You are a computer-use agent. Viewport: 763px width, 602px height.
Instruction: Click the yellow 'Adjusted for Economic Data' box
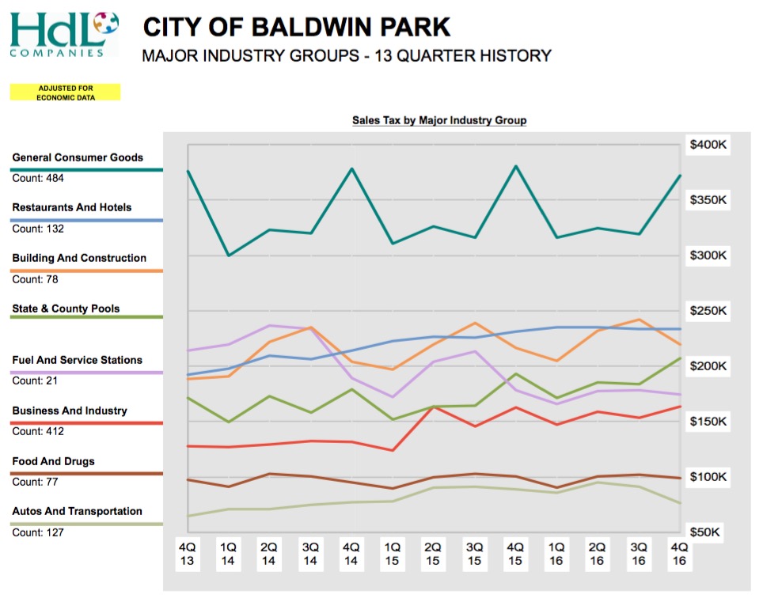tap(65, 93)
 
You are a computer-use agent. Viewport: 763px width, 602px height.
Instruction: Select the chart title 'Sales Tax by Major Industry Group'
tap(439, 120)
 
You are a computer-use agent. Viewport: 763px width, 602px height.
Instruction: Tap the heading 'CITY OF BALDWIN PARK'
tap(297, 28)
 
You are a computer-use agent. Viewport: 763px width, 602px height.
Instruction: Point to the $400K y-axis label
tap(708, 145)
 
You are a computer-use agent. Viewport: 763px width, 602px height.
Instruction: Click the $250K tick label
tap(708, 311)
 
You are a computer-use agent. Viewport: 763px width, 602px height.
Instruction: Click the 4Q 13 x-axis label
tap(187, 554)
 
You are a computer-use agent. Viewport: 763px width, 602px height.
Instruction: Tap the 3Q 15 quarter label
tap(474, 554)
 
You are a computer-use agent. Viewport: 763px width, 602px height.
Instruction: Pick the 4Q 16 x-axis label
tap(679, 554)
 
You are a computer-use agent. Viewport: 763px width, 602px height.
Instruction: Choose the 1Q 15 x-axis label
tap(392, 554)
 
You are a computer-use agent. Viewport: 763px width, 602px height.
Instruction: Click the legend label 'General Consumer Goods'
tap(78, 157)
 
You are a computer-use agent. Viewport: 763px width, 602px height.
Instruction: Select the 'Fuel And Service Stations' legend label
tap(78, 360)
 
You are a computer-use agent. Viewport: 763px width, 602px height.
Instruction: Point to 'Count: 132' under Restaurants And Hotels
tap(38, 229)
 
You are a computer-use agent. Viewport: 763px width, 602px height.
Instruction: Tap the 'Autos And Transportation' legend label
tap(78, 512)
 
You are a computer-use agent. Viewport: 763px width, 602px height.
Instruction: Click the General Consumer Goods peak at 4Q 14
tap(351, 168)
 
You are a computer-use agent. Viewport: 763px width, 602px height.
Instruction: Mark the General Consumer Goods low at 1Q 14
tap(229, 255)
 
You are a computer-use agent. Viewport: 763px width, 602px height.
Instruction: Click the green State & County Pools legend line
tap(86, 318)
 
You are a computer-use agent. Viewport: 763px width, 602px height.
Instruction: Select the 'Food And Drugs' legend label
tap(54, 461)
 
